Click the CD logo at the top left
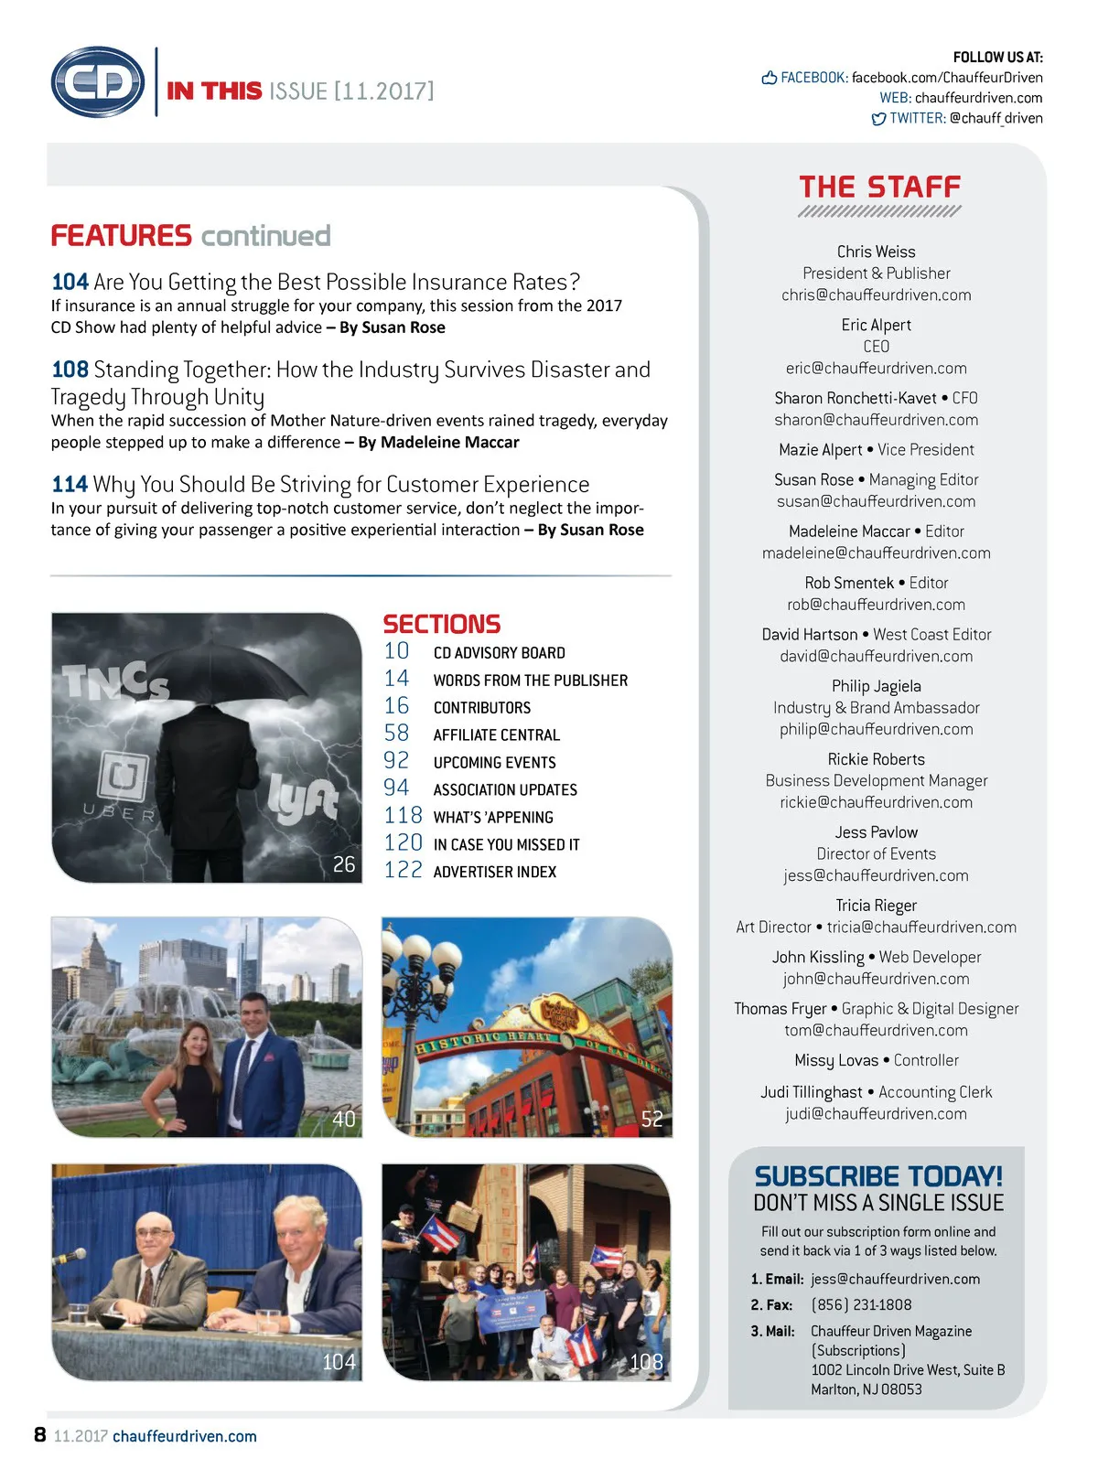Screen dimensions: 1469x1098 pos(98,82)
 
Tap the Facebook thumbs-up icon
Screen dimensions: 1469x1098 pos(770,78)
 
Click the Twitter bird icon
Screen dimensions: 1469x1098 pos(878,119)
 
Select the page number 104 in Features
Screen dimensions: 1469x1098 pos(70,282)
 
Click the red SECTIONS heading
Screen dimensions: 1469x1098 pos(441,624)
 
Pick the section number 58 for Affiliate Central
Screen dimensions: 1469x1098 pos(396,734)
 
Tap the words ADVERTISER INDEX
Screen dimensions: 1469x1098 pos(494,872)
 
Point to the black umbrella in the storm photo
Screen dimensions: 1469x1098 pos(218,670)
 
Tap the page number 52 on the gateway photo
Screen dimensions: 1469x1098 pos(651,1119)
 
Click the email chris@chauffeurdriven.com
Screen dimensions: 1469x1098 pos(876,295)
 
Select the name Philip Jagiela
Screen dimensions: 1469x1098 pos(876,686)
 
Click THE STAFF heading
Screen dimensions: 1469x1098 pos(879,188)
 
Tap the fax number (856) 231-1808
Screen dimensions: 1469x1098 pos(861,1305)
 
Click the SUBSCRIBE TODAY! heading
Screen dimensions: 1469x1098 pos(877,1175)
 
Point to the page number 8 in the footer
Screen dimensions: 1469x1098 pos(39,1434)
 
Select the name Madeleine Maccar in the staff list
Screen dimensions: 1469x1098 pos(849,531)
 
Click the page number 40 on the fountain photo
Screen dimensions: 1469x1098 pos(343,1119)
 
